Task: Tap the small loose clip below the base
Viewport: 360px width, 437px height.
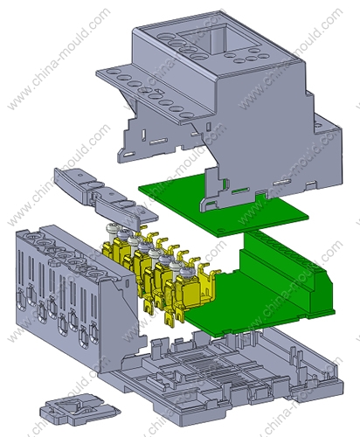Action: [80, 409]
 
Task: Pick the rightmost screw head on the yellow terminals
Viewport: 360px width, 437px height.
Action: [185, 273]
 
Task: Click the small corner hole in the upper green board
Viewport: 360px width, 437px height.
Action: [220, 231]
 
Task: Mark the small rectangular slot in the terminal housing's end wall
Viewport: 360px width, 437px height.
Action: [127, 282]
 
